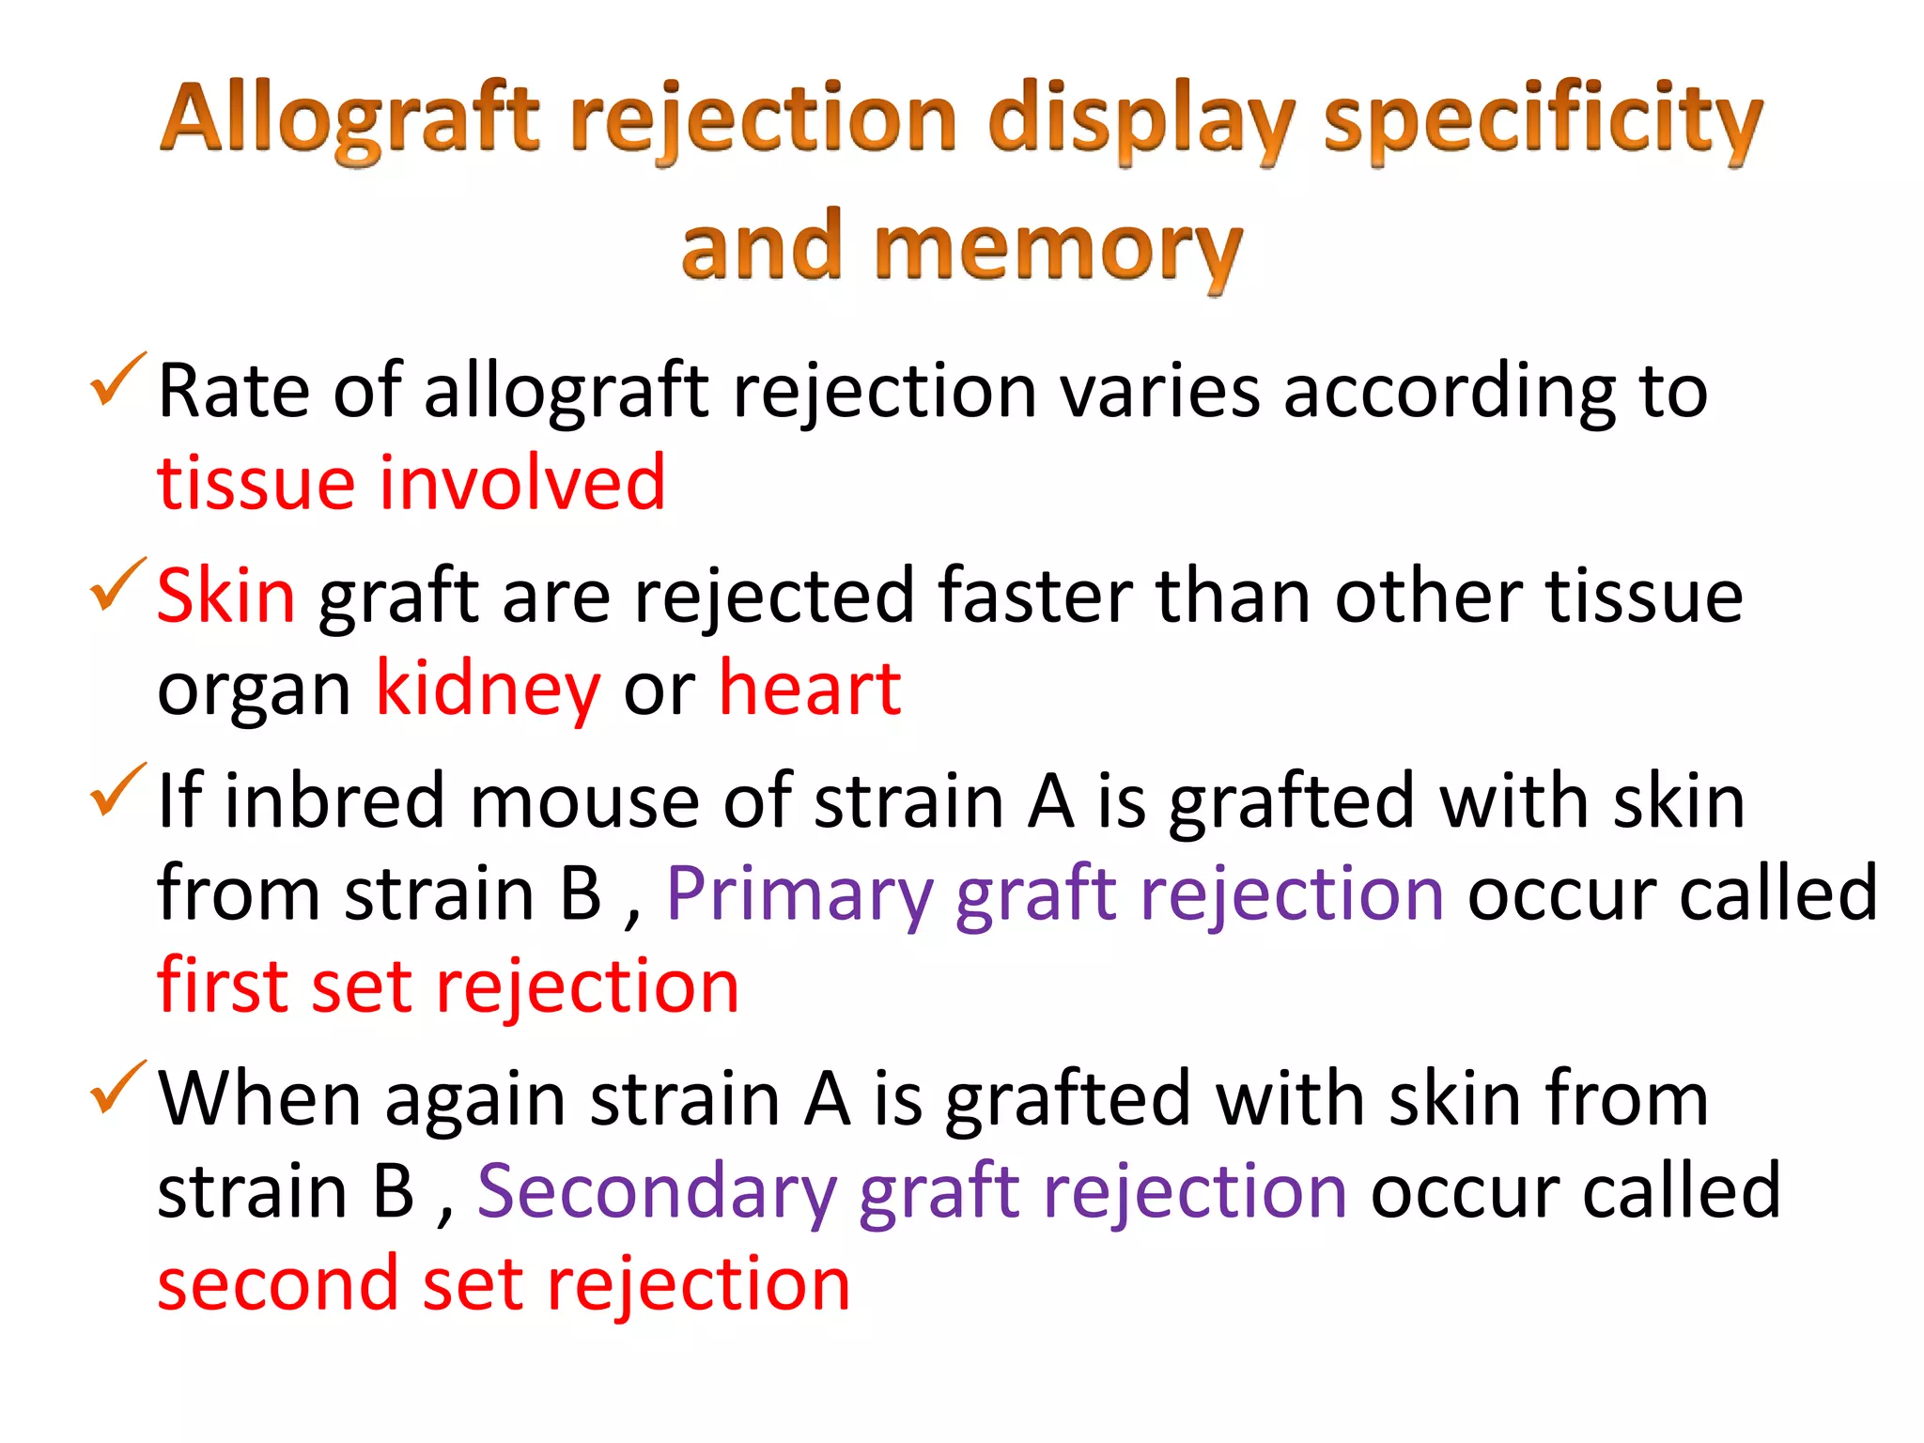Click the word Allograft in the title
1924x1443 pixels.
pos(349,120)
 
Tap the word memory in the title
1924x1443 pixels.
pos(1058,248)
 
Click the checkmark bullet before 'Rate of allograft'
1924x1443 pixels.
pos(116,381)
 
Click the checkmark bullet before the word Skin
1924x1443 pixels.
pos(116,586)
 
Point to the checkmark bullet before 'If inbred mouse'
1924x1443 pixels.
pos(116,791)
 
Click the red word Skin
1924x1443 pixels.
pos(225,596)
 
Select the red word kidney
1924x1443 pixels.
pos(488,690)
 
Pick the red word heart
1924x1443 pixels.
pos(810,690)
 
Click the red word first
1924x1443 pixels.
pos(222,986)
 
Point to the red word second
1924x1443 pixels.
pos(278,1285)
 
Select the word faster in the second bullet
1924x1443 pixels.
pos(1034,596)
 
